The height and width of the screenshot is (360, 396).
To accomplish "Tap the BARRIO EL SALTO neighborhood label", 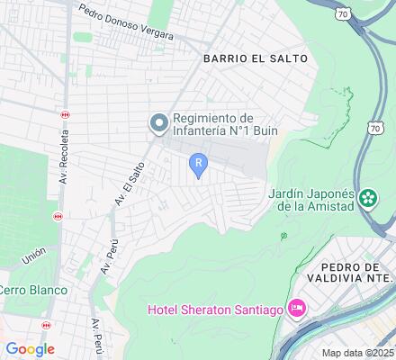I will tap(256, 58).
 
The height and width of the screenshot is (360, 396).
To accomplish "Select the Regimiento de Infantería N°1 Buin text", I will tap(213, 124).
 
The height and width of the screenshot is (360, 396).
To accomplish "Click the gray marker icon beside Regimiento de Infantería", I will tap(159, 123).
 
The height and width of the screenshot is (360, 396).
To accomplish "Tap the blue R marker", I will tap(198, 163).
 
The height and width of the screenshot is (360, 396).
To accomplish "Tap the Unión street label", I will tap(33, 257).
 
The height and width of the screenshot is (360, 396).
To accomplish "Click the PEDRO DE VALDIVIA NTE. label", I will tap(356, 273).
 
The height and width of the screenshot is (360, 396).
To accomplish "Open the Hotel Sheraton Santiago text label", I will tap(215, 311).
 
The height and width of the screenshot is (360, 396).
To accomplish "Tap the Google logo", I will tap(30, 349).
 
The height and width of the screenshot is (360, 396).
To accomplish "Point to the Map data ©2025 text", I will tap(357, 353).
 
